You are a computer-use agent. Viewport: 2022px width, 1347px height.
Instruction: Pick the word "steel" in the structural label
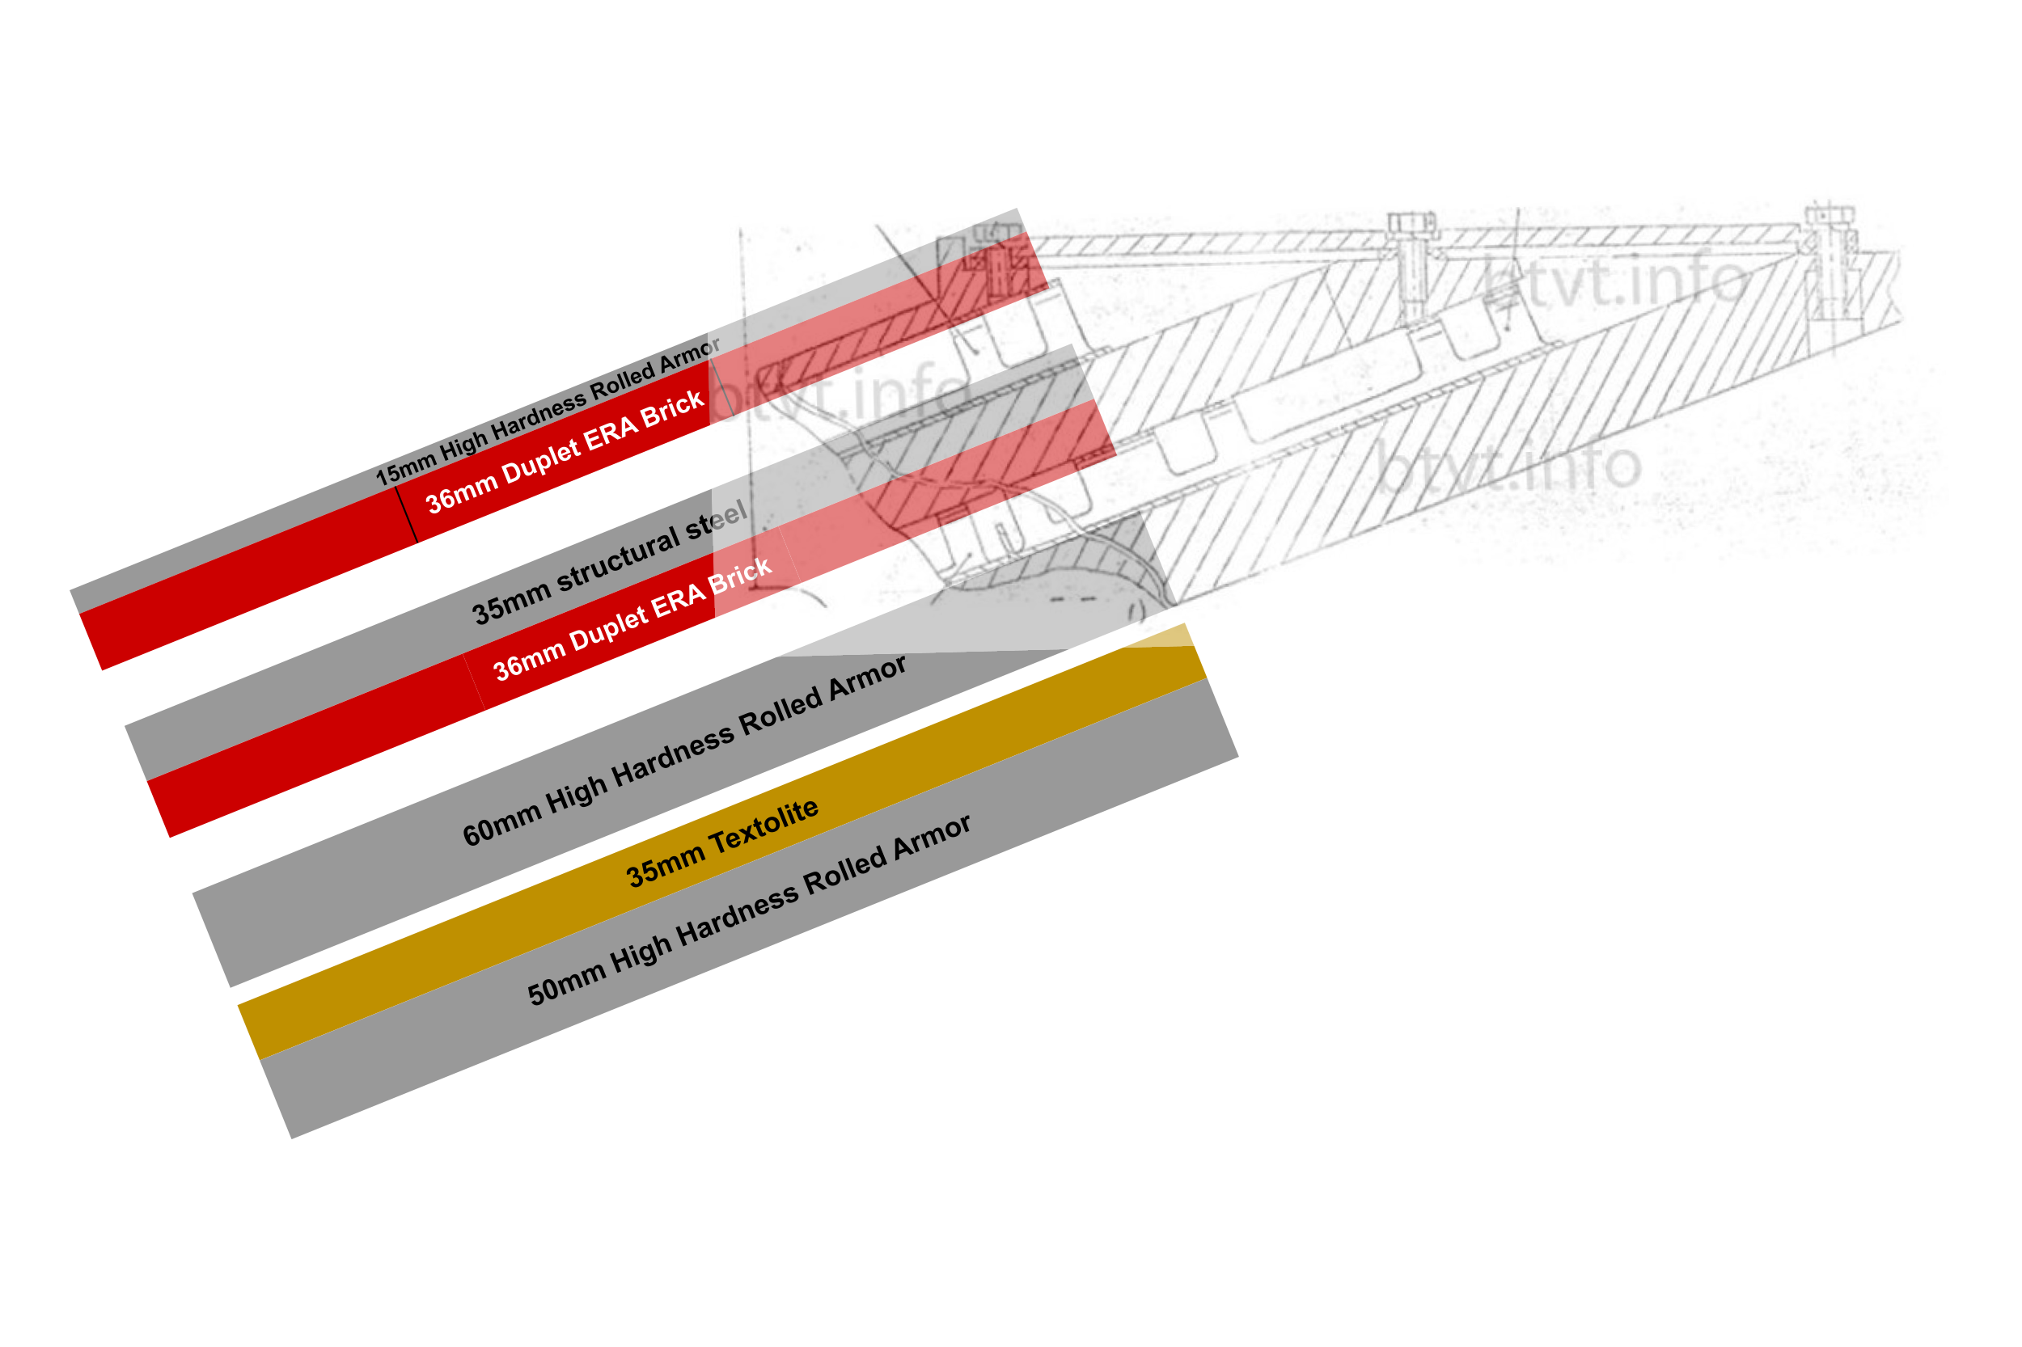coord(716,519)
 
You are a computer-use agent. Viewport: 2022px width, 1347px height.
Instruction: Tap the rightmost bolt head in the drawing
coord(1830,215)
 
